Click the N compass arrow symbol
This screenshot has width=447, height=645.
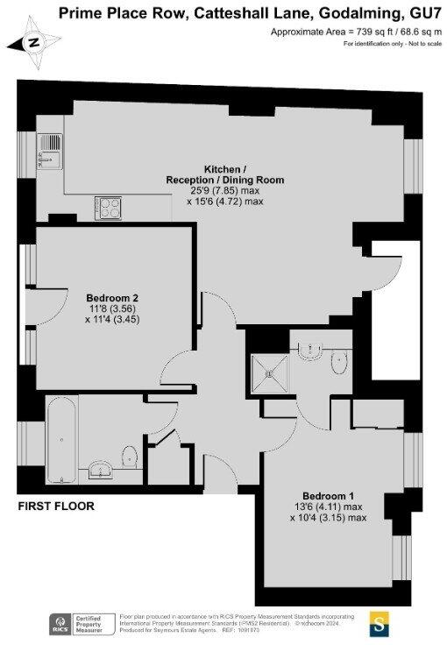32,41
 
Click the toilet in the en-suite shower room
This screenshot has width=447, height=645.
340,363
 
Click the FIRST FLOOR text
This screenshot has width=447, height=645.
57,507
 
